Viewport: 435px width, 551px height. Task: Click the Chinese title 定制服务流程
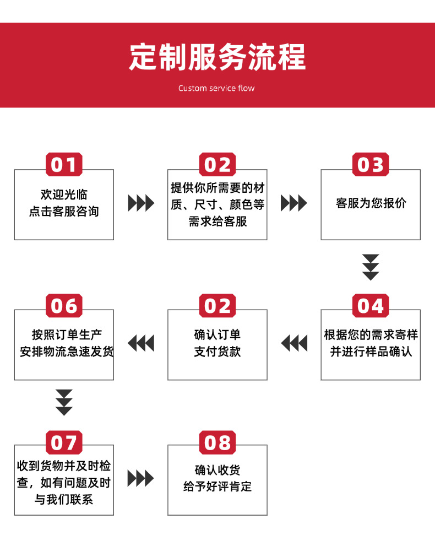click(217, 57)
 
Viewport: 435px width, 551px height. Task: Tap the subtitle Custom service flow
click(216, 88)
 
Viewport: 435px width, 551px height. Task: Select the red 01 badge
click(64, 164)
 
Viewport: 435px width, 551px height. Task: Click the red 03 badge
click(370, 164)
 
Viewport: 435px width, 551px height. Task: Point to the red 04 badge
click(370, 305)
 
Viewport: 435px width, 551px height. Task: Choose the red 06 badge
click(64, 305)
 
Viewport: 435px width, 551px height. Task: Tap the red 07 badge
click(64, 442)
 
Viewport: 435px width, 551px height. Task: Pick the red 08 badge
click(217, 442)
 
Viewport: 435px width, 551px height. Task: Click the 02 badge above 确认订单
click(217, 305)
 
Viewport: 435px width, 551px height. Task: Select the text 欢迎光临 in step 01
click(64, 195)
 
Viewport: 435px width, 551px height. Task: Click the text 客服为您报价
click(371, 203)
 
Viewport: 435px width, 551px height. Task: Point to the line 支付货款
click(217, 352)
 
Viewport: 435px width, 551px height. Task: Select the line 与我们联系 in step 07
click(64, 500)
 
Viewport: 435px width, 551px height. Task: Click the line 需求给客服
click(217, 221)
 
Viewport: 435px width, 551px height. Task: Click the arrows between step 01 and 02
click(141, 203)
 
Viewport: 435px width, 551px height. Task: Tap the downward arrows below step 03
click(371, 267)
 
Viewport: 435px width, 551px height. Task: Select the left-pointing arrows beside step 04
click(294, 343)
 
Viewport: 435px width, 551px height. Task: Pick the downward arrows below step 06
click(64, 402)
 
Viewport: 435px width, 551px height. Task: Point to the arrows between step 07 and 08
click(141, 478)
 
